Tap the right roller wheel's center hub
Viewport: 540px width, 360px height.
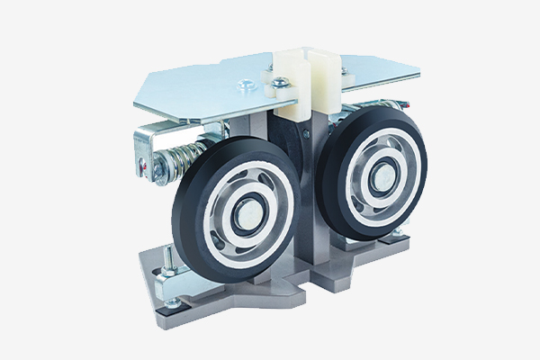pos(377,171)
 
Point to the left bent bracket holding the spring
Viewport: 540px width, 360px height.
pos(144,148)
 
